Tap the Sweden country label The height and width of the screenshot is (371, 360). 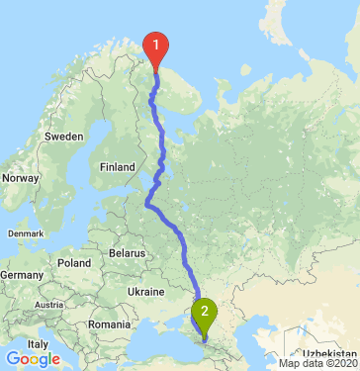pyautogui.click(x=63, y=136)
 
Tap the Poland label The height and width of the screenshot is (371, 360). pyautogui.click(x=73, y=263)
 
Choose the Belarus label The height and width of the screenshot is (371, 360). pyautogui.click(x=126, y=253)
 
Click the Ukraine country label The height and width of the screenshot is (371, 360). pyautogui.click(x=145, y=293)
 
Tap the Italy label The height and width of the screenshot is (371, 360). pyautogui.click(x=38, y=342)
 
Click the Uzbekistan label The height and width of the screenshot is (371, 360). pyautogui.click(x=330, y=352)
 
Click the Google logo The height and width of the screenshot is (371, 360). pyautogui.click(x=32, y=358)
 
